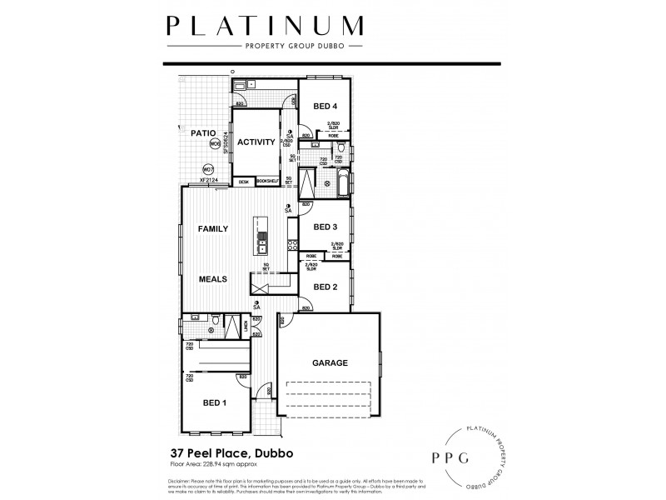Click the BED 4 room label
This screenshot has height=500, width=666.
pos(326,107)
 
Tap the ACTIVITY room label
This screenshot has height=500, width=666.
pos(256,142)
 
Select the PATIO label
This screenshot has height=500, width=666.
pos(203,132)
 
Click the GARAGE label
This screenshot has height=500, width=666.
pos(330,362)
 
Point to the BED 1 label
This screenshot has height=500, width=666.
pos(215,402)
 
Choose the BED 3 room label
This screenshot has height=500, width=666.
pos(325,227)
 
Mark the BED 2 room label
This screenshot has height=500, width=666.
pos(325,287)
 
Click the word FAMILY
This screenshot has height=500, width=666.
pos(213,227)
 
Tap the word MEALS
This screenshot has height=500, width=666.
pos(213,280)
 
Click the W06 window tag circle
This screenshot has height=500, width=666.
pos(215,144)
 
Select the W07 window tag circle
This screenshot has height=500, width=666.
pos(208,169)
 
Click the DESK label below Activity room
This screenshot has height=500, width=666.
pos(244,181)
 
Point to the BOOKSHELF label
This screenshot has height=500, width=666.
pos(266,181)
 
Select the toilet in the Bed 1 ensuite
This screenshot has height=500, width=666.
pos(216,318)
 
